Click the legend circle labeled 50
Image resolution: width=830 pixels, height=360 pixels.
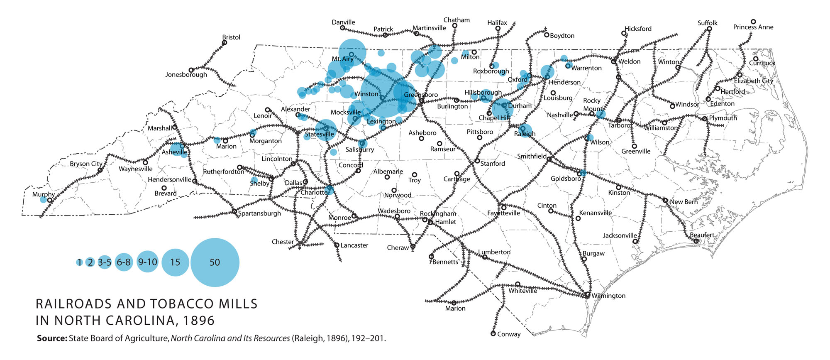click(x=215, y=262)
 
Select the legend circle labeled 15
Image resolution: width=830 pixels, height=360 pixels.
click(x=175, y=262)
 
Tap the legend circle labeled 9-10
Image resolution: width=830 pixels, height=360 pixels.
click(x=148, y=262)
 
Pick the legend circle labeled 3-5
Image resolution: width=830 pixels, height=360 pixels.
click(x=105, y=262)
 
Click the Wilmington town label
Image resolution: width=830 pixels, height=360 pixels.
click(x=608, y=296)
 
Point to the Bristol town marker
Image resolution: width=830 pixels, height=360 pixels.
click(x=225, y=43)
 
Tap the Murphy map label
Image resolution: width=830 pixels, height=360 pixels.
click(x=43, y=194)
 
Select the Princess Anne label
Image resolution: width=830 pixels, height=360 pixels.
click(x=753, y=27)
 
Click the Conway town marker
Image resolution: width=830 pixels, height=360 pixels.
click(x=493, y=334)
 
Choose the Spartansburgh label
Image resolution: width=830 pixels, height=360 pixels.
click(x=259, y=213)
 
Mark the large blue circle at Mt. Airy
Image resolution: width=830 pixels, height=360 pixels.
click(x=352, y=52)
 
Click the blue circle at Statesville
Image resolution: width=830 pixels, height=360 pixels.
click(x=326, y=130)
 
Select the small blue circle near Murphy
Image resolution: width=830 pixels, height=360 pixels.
click(x=43, y=200)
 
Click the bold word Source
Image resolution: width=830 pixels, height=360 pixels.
click(x=52, y=338)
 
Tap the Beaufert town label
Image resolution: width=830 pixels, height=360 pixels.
click(x=702, y=235)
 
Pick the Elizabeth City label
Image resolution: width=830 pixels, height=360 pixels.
click(x=753, y=81)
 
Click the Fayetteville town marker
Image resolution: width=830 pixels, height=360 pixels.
click(x=504, y=208)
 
